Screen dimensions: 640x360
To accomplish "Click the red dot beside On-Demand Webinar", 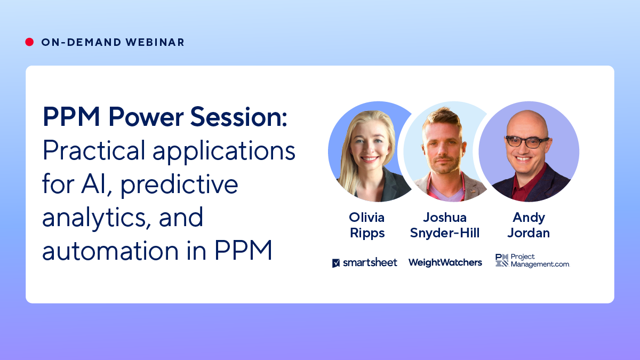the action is tap(29, 42).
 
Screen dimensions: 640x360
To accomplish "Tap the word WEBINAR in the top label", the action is tap(155, 42).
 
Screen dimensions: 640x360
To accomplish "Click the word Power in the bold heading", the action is tap(146, 117).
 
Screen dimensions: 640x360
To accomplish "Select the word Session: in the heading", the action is tap(238, 117).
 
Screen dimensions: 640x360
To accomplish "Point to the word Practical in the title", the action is tap(94, 150).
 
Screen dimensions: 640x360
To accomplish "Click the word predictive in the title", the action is tap(179, 185).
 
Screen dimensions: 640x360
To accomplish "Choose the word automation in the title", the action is tap(110, 251).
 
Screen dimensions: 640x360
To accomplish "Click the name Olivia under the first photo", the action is tap(366, 218).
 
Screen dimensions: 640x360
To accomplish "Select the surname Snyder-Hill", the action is tap(445, 233).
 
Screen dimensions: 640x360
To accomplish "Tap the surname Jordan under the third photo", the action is tap(529, 233).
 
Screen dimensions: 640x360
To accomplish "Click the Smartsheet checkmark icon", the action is tap(336, 263).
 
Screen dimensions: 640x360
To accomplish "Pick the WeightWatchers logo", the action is tap(445, 262).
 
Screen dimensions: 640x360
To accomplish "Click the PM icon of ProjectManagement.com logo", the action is tap(502, 260).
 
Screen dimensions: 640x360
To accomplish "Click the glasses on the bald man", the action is tap(527, 142).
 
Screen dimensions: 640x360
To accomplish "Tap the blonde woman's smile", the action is tap(369, 159).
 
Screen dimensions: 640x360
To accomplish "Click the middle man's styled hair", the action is tap(443, 119).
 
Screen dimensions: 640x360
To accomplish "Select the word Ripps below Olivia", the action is tap(367, 234).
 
